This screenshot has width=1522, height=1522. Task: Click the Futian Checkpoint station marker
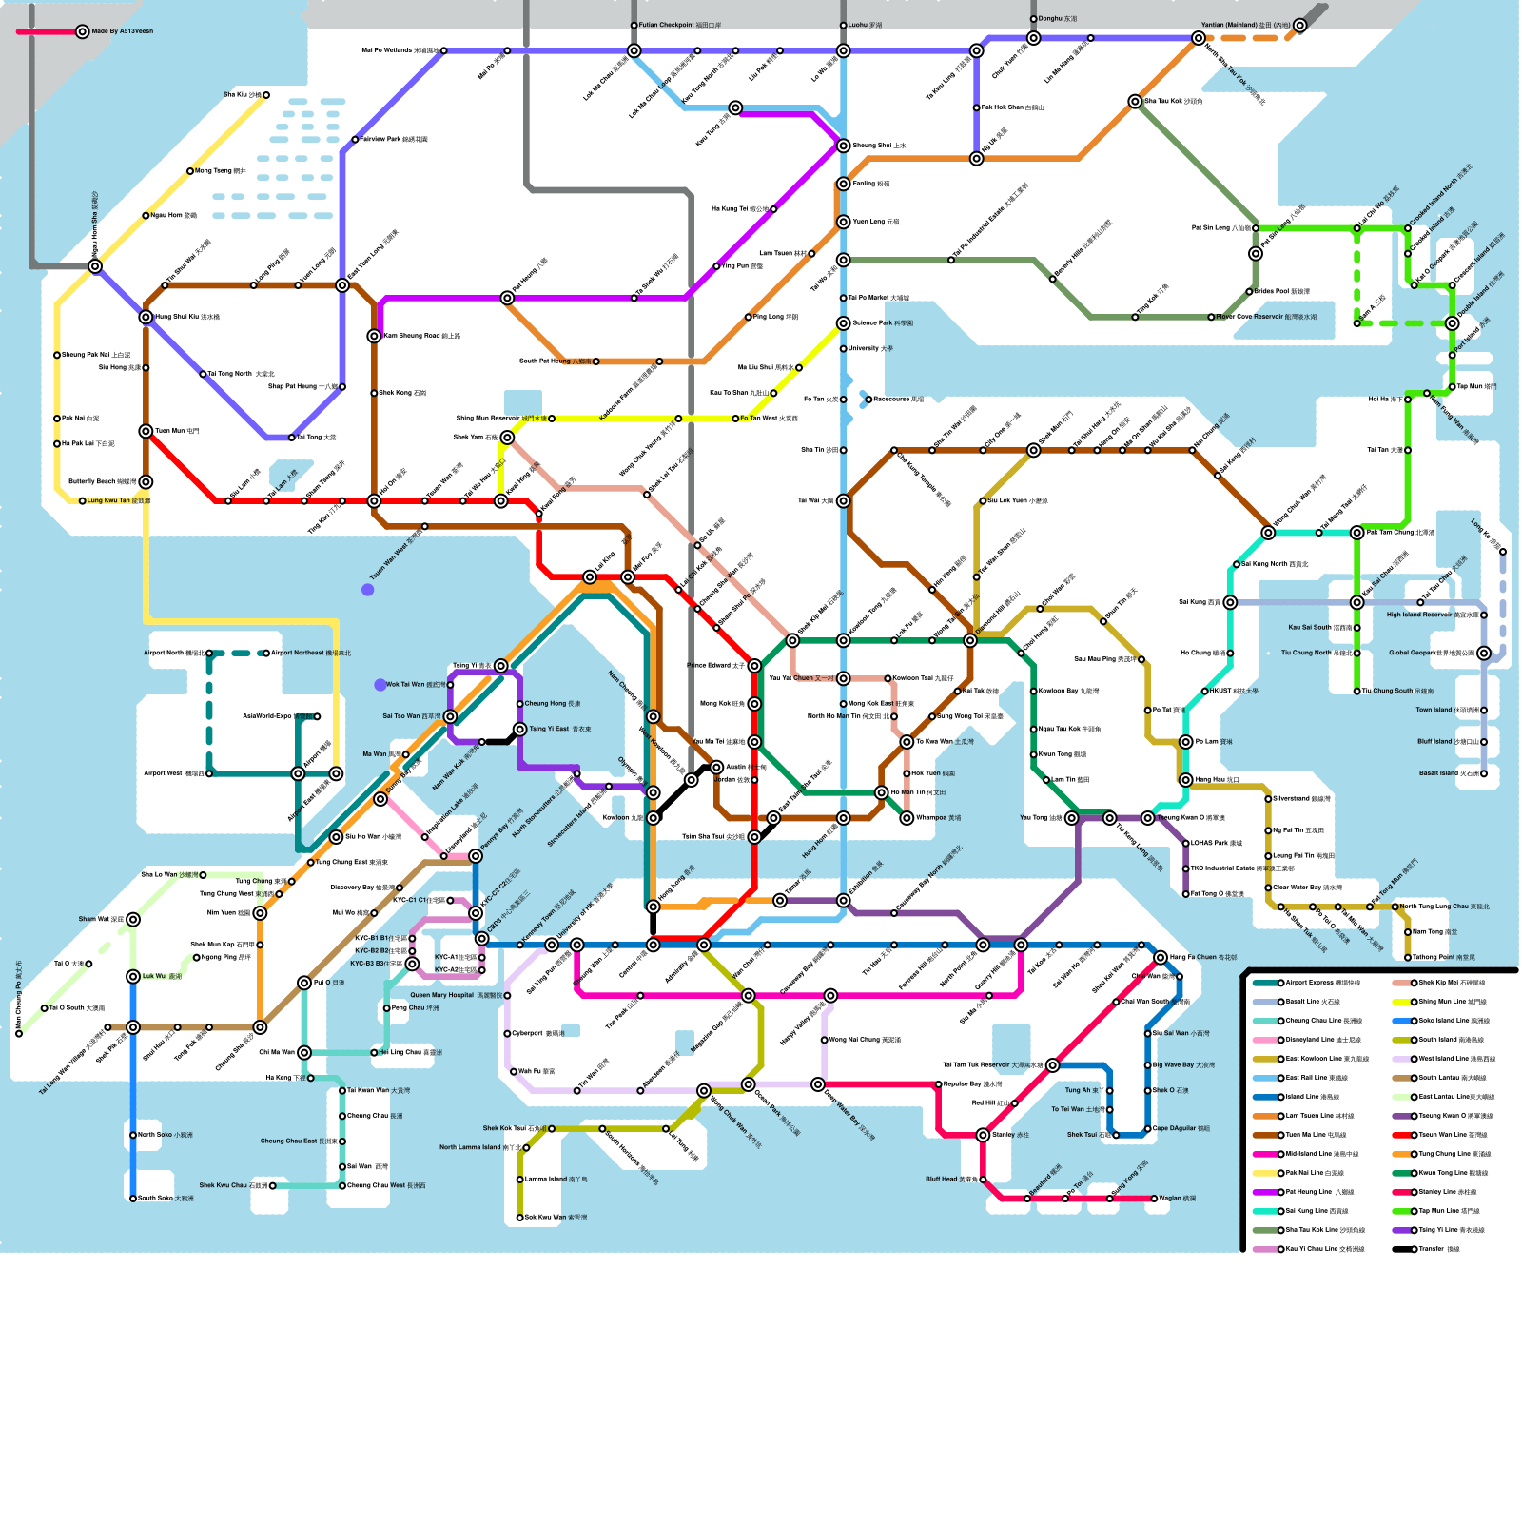point(634,26)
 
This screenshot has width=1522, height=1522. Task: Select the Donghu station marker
point(1033,19)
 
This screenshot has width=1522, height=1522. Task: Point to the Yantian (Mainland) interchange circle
point(1198,38)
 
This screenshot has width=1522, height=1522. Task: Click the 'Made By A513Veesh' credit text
point(122,31)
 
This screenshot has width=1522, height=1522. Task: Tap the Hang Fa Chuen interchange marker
point(1161,957)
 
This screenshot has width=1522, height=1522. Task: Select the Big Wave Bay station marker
point(1147,1065)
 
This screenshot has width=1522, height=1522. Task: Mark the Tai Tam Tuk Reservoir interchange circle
point(1052,1065)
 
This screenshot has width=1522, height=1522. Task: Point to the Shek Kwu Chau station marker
point(272,1186)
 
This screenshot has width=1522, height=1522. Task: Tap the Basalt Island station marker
point(1483,773)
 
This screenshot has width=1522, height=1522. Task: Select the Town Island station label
point(1434,710)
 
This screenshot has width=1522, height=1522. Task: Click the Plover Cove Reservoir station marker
point(1211,317)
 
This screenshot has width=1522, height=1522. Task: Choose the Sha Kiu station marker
point(266,95)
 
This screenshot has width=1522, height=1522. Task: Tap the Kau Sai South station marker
point(1356,628)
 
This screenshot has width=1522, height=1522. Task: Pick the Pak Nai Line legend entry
point(1314,1173)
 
